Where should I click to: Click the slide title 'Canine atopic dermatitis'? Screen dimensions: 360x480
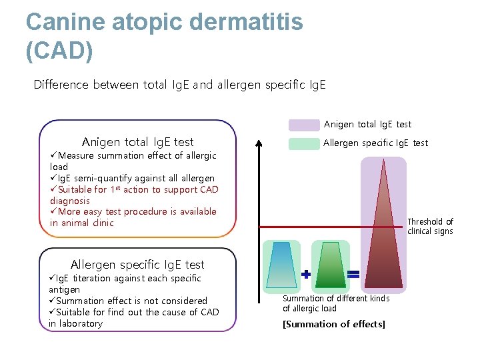click(164, 22)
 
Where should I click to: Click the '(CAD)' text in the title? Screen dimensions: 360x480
click(59, 50)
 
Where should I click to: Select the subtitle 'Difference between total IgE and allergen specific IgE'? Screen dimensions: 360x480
click(180, 85)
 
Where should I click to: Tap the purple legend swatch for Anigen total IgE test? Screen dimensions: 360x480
click(304, 125)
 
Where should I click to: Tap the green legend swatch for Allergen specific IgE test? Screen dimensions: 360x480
click(304, 143)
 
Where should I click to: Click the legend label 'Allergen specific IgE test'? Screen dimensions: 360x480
click(375, 143)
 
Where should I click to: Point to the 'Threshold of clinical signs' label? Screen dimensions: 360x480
click(430, 227)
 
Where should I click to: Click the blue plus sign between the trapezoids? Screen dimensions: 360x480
click(306, 274)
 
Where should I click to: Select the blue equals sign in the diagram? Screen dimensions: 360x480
click(353, 274)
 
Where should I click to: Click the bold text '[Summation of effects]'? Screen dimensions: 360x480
click(334, 324)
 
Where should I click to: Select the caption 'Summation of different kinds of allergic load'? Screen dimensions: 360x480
click(336, 303)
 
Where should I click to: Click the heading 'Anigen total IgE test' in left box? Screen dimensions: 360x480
click(137, 141)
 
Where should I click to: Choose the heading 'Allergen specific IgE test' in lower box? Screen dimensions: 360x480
click(137, 265)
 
